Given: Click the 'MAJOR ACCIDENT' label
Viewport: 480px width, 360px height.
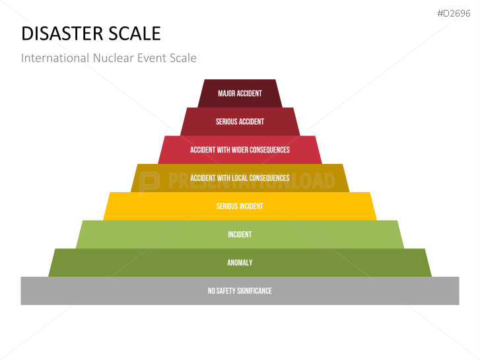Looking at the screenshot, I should pyautogui.click(x=240, y=93).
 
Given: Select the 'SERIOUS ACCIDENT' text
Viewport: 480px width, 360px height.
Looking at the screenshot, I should pyautogui.click(x=240, y=122).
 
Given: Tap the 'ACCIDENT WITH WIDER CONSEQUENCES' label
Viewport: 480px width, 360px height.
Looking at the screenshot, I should pyautogui.click(x=240, y=150).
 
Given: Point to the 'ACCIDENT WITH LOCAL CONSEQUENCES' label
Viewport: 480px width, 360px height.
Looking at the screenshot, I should pyautogui.click(x=240, y=178).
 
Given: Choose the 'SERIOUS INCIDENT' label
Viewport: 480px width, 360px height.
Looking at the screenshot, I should pyautogui.click(x=240, y=206).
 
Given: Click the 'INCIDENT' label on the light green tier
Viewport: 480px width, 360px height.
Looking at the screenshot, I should pyautogui.click(x=240, y=234).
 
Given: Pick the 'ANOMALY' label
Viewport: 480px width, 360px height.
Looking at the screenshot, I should pyautogui.click(x=240, y=263).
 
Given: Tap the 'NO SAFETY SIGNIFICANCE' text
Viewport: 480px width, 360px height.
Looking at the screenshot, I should pyautogui.click(x=240, y=291).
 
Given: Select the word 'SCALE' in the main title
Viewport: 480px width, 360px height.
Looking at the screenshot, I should pyautogui.click(x=135, y=34).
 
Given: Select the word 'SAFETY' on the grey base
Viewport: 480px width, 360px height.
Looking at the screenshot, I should pyautogui.click(x=230, y=291).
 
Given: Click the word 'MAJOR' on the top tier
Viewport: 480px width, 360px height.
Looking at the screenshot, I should pyautogui.click(x=227, y=93).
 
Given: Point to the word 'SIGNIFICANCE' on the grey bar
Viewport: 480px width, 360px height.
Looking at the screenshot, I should pyautogui.click(x=256, y=291).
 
